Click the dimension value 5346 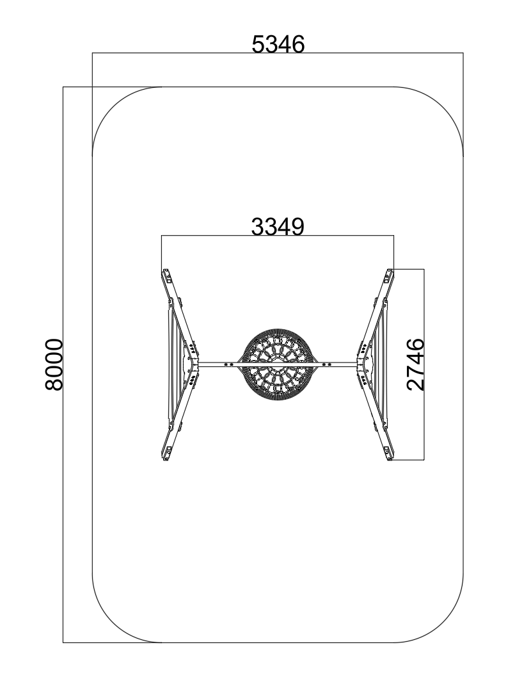[278, 44]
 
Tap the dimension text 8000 [54, 364]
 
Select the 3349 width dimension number [278, 227]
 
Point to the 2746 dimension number [415, 364]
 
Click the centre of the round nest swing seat [278, 364]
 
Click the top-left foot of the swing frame [167, 276]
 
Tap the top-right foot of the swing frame [388, 276]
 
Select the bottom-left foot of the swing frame [167, 453]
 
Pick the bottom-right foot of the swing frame [388, 453]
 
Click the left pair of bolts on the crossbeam [228, 364]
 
